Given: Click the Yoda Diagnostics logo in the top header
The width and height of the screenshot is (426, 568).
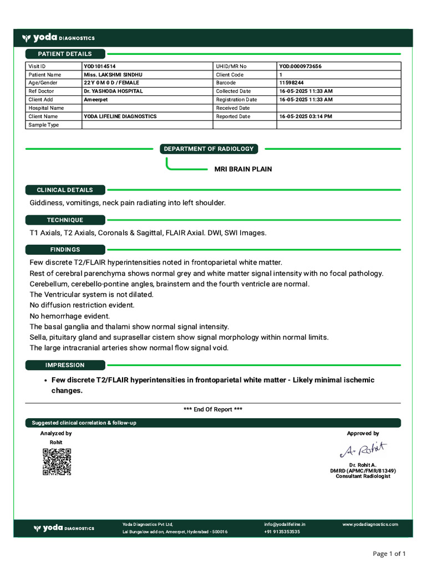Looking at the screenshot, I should [58, 38].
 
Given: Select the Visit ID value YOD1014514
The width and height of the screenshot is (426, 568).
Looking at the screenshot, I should [100, 67].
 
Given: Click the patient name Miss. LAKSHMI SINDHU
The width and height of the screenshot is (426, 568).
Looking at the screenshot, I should [113, 75].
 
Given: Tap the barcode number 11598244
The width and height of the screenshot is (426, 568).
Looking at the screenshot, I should [291, 83].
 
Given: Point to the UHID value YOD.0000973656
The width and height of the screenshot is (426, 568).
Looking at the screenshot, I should [300, 67].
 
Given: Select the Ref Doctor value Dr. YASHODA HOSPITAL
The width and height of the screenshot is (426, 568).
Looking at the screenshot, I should [113, 92].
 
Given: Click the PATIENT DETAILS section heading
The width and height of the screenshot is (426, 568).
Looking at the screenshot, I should [65, 54].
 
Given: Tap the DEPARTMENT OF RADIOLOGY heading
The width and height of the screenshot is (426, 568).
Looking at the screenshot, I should [209, 149].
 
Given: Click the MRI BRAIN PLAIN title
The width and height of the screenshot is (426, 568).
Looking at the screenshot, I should [243, 169].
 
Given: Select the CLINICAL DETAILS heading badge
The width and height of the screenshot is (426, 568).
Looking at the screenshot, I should [65, 190].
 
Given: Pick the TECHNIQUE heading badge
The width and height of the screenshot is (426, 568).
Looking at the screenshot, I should [65, 220].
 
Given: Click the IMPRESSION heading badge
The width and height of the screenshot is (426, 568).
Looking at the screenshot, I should [65, 365].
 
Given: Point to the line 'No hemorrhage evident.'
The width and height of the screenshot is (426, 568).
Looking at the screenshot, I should [70, 316].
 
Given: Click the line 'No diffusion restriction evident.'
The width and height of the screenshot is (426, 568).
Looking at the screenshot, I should [82, 305].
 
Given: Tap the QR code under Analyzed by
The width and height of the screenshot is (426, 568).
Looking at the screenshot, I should [57, 461].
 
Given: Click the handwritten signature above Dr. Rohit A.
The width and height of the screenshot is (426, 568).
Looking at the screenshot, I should [363, 449].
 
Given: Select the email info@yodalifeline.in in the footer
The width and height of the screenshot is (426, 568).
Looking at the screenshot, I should [285, 524].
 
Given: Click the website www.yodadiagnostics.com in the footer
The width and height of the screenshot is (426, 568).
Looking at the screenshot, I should [370, 524].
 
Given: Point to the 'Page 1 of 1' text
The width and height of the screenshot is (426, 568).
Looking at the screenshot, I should [389, 554].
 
